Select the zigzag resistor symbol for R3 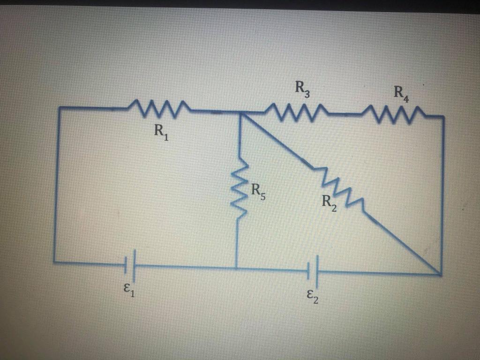(294, 112)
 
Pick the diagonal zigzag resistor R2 (341, 187)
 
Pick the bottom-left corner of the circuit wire (54, 261)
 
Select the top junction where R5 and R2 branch (240, 112)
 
